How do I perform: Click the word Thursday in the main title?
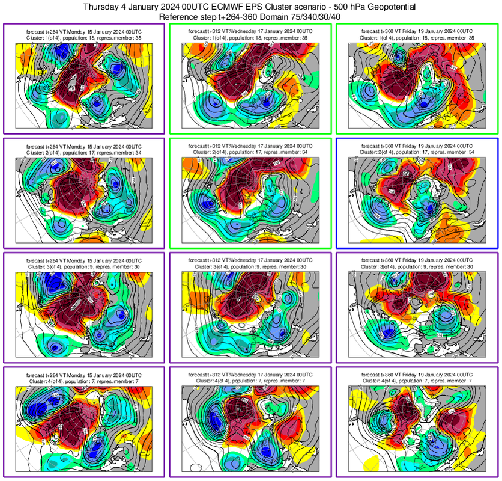pyautogui.click(x=103, y=7)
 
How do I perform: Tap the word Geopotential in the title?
pyautogui.click(x=382, y=7)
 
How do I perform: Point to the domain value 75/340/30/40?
pyautogui.click(x=307, y=17)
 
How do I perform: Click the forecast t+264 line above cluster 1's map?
pyautogui.click(x=84, y=31)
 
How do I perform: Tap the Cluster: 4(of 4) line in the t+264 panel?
pyautogui.click(x=84, y=381)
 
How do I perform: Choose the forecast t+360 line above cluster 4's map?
pyautogui.click(x=417, y=375)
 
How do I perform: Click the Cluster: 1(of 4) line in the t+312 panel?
pyautogui.click(x=250, y=37)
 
